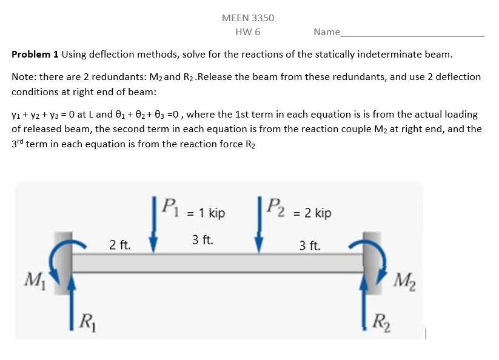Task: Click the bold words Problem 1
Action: (35, 55)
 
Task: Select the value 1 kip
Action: (208, 213)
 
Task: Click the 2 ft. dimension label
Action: (120, 245)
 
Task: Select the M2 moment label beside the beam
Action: (403, 281)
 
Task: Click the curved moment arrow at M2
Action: (375, 255)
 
